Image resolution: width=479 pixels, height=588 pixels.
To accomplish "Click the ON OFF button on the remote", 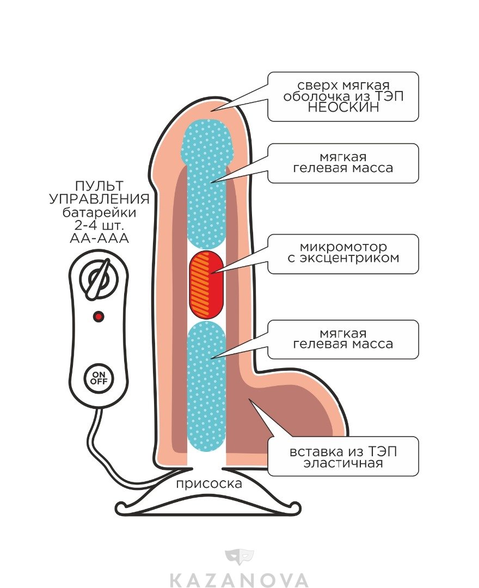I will tap(99, 377).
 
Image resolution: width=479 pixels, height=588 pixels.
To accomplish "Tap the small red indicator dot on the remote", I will tap(99, 316).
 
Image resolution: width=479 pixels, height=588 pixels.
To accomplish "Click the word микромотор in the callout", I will tap(343, 247).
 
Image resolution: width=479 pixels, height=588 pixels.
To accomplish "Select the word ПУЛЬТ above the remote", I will tap(99, 186).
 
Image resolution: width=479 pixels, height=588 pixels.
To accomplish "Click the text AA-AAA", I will tap(99, 238).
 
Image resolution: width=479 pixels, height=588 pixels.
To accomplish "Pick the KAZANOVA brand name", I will tap(239, 579).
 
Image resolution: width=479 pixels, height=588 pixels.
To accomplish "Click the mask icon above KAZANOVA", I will tap(239, 556).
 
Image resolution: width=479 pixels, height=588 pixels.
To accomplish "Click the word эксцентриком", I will tap(343, 258).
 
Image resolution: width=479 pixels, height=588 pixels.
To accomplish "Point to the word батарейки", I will tap(99, 212).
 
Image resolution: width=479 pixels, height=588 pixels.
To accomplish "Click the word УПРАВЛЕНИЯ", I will tap(99, 199).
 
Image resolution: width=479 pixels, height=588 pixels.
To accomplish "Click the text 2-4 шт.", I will tap(99, 225).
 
